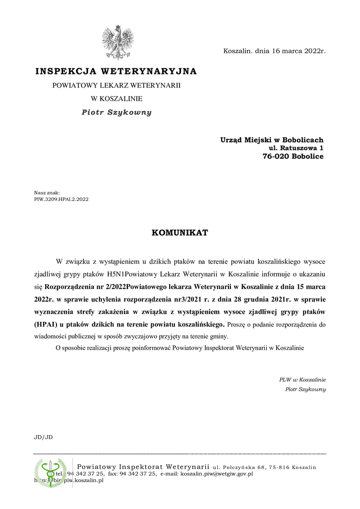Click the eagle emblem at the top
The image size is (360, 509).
click(117, 42)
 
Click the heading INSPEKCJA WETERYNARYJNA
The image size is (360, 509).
click(116, 72)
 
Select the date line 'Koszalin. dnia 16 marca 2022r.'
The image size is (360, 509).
click(274, 50)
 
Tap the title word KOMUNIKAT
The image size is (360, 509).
click(180, 233)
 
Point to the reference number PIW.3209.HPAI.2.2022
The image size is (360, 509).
click(61, 199)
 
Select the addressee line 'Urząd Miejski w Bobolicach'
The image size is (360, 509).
click(271, 140)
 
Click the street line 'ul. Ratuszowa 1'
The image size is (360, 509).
click(296, 148)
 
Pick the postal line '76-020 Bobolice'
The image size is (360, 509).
click(293, 156)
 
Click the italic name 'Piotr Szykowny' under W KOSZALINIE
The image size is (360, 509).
click(116, 113)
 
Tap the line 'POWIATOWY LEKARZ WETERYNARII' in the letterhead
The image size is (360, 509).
click(116, 86)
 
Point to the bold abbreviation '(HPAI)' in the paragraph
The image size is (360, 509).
click(46, 324)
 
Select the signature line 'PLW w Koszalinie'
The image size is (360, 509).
click(302, 379)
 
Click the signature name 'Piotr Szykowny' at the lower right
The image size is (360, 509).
click(305, 389)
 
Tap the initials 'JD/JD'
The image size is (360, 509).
click(43, 437)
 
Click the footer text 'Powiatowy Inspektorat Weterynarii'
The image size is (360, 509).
click(143, 467)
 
